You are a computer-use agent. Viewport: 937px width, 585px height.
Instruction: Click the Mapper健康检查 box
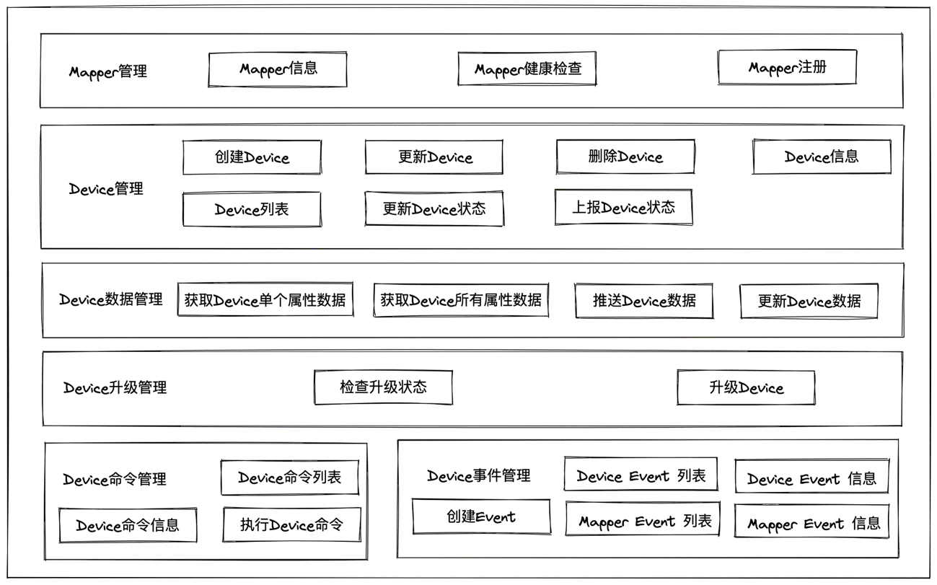tap(527, 69)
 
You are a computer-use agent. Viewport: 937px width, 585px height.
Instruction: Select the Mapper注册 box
tap(787, 68)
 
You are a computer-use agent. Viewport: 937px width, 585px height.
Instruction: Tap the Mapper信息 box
tap(278, 69)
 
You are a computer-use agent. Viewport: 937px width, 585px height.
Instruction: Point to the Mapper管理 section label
tap(108, 71)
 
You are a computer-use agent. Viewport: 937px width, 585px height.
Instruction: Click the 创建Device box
tap(252, 157)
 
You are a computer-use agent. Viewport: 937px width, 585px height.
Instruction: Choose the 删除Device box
tap(625, 157)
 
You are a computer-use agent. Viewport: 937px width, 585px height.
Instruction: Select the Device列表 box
tap(252, 209)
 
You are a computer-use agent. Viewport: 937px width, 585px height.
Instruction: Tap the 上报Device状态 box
tap(623, 208)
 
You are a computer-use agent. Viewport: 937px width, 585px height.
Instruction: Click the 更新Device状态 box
tap(434, 209)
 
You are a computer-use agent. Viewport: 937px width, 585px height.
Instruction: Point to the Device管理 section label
tap(106, 189)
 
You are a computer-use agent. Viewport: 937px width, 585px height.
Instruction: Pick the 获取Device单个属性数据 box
tap(265, 300)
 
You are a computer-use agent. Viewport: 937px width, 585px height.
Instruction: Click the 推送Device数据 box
tap(644, 301)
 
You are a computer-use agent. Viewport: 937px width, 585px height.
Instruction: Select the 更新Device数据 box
tap(809, 302)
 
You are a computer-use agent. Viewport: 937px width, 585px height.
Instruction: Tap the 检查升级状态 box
tap(383, 387)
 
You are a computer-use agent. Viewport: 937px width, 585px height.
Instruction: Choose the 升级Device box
tap(746, 388)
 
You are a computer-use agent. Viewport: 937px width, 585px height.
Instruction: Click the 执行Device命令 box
tap(291, 525)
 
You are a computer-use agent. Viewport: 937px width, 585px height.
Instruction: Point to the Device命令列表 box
tap(290, 478)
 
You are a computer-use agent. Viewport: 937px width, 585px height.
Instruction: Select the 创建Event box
tap(481, 516)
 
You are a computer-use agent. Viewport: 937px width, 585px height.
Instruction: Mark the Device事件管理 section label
tap(479, 475)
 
